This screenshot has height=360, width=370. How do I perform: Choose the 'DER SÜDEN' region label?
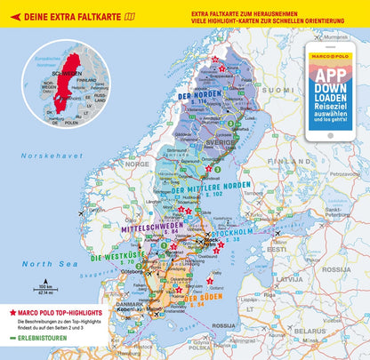coord(201,299)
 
